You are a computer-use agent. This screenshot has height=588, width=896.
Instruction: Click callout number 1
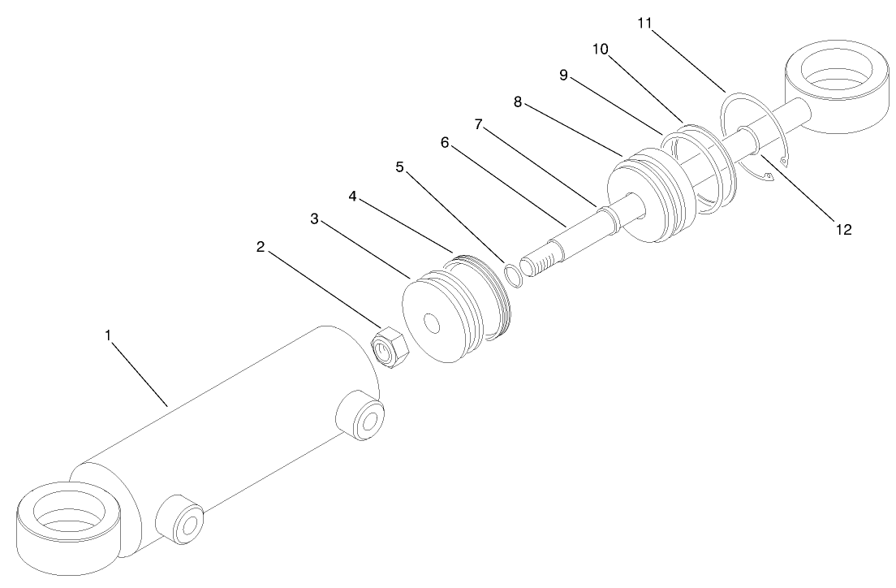coord(109,335)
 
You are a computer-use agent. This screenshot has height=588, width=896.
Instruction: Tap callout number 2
coord(261,247)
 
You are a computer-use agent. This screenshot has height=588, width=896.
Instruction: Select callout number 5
coord(399,166)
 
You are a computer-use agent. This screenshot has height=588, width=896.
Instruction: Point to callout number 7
coord(479,125)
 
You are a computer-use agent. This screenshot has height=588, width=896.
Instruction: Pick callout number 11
coord(645,24)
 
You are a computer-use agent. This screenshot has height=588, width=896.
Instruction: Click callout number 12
coord(843,229)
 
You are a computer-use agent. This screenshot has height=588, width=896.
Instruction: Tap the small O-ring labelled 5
coord(513,274)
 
